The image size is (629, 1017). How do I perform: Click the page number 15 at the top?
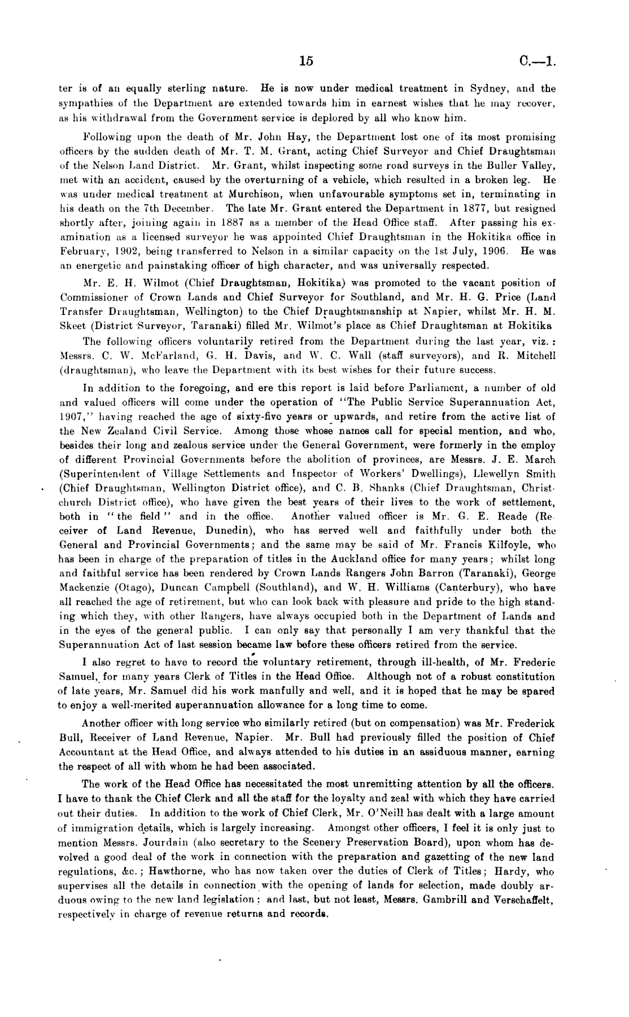(x=307, y=62)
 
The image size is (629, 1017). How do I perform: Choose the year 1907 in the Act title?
(x=72, y=417)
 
